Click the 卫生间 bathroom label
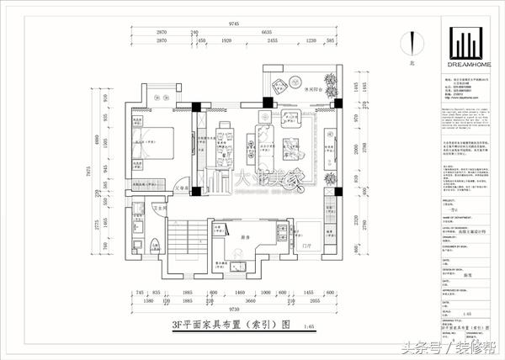tap(157, 208)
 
